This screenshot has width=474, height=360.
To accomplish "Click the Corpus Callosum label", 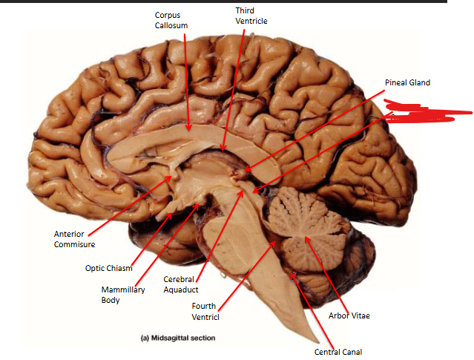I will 171,20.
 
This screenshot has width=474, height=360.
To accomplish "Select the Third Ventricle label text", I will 251,16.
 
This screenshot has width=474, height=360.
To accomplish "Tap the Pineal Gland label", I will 407,82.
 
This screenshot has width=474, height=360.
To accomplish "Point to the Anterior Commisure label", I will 74,239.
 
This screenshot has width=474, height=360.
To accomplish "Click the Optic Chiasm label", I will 109,268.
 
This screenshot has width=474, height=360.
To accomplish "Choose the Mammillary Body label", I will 122,295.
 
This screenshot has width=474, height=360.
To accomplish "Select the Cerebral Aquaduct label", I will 181,284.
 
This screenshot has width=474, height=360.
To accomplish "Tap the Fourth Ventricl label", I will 205,311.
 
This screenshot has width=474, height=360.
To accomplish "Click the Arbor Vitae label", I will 348,315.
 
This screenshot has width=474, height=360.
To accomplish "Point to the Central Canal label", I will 338,352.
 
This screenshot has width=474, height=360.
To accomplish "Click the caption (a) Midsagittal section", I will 178,338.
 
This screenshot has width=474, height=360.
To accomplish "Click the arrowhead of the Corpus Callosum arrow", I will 189,131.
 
